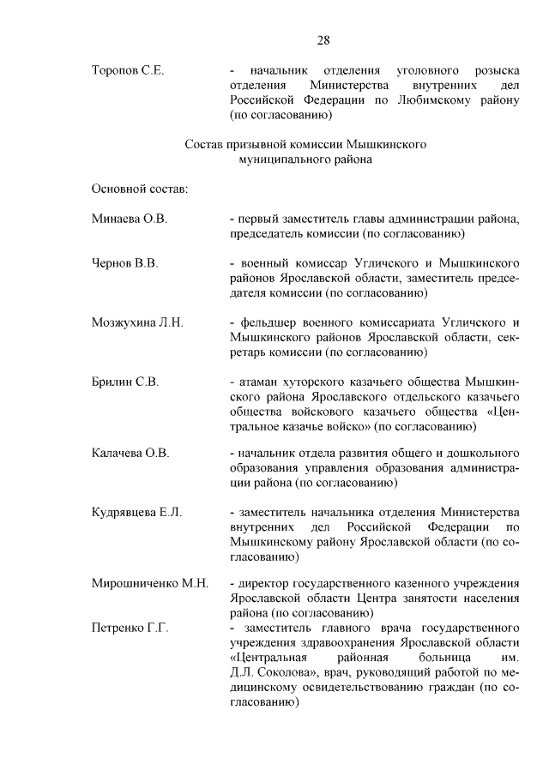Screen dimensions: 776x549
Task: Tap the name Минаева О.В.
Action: pyautogui.click(x=129, y=219)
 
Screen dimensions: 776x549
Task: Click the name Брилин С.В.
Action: pyautogui.click(x=124, y=382)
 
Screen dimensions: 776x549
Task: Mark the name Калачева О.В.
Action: pyautogui.click(x=130, y=453)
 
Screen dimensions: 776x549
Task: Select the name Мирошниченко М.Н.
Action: pyautogui.click(x=150, y=584)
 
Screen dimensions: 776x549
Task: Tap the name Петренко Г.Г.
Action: pyautogui.click(x=129, y=629)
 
